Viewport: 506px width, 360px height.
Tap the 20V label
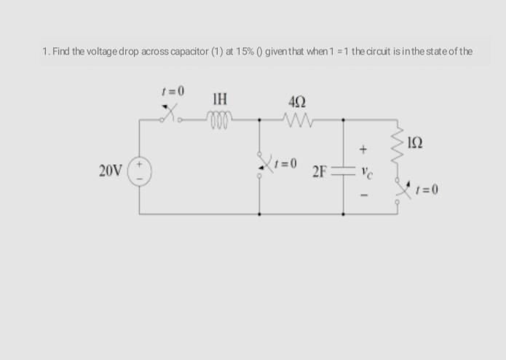(111, 172)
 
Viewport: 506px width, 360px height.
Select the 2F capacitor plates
(344, 173)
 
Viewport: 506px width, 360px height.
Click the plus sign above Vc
(361, 150)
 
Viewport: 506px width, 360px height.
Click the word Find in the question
(60, 51)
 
